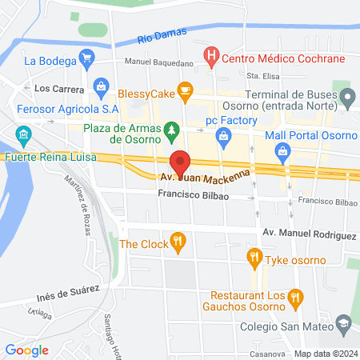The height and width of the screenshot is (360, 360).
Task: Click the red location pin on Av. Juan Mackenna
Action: (x=181, y=162)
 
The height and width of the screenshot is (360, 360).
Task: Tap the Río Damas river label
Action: (x=161, y=36)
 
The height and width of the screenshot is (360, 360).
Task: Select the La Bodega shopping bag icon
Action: (x=88, y=59)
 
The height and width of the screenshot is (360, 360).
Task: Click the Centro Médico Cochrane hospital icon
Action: (x=211, y=57)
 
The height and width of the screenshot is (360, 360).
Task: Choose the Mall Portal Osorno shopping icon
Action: (x=282, y=150)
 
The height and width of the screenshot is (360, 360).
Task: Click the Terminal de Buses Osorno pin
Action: (x=348, y=98)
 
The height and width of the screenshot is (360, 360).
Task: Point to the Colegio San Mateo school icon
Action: (x=344, y=322)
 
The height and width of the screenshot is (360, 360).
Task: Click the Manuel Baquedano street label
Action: (x=158, y=62)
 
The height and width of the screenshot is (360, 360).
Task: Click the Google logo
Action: (x=26, y=350)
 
